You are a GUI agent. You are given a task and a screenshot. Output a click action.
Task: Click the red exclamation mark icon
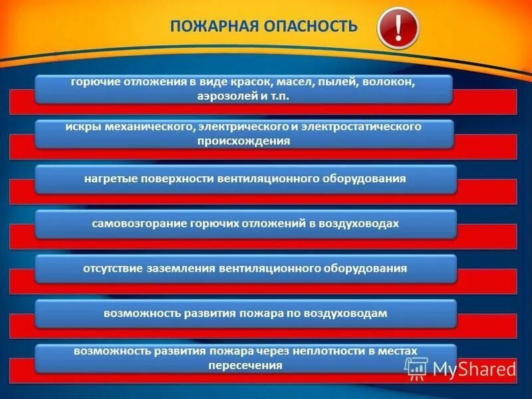[398, 28]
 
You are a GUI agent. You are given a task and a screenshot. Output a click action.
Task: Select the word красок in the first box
[250, 82]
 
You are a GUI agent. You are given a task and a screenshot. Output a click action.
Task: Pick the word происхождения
[243, 140]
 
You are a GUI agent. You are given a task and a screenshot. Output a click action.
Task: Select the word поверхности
[175, 179]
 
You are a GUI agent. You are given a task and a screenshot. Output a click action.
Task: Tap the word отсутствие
[112, 268]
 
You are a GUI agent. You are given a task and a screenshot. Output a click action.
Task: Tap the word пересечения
[245, 365]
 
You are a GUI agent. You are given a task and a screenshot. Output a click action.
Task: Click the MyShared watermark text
[473, 369]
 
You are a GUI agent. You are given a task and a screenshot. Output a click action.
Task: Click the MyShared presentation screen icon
[416, 368]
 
